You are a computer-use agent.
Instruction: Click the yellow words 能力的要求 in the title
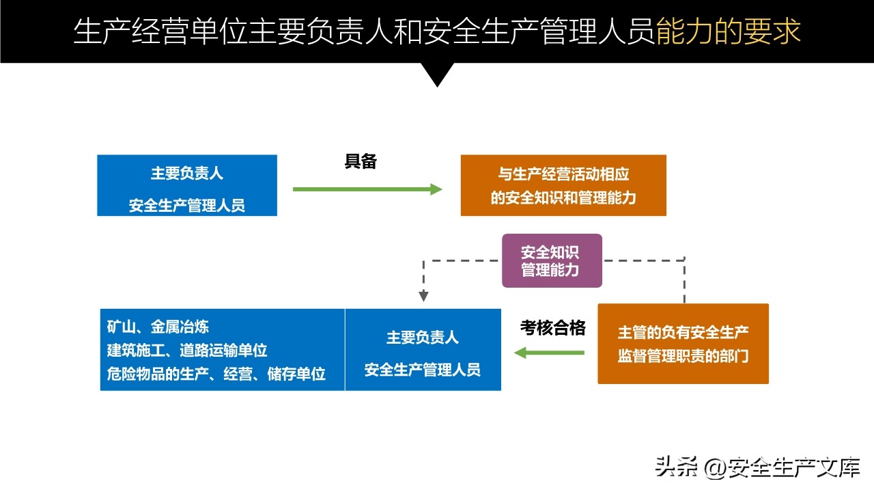pyautogui.click(x=729, y=31)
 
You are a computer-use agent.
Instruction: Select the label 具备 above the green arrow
pyautogui.click(x=361, y=161)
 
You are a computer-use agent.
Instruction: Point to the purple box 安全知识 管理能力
pyautogui.click(x=552, y=260)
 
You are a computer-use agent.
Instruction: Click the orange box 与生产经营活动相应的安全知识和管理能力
pyautogui.click(x=563, y=186)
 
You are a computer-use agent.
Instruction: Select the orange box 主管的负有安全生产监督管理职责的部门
pyautogui.click(x=683, y=344)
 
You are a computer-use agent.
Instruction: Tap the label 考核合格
pyautogui.click(x=553, y=328)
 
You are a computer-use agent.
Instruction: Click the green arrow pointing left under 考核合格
pyautogui.click(x=550, y=353)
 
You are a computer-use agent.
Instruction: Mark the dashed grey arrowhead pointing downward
pyautogui.click(x=423, y=296)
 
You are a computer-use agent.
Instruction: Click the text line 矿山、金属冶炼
pyautogui.click(x=158, y=327)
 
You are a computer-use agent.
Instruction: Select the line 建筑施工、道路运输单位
pyautogui.click(x=187, y=351)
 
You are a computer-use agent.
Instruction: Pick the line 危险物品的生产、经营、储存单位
pyautogui.click(x=216, y=374)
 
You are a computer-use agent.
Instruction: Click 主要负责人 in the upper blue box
pyautogui.click(x=187, y=174)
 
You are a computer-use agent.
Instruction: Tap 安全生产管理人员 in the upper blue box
pyautogui.click(x=187, y=205)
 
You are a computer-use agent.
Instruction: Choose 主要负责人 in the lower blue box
pyautogui.click(x=423, y=338)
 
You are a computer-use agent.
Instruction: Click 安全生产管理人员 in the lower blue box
pyautogui.click(x=423, y=370)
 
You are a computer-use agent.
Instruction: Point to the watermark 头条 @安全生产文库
pyautogui.click(x=757, y=467)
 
